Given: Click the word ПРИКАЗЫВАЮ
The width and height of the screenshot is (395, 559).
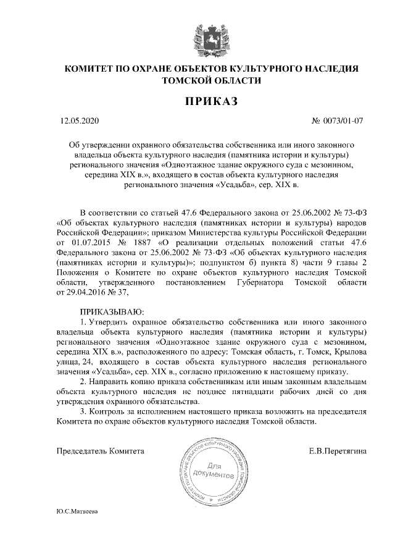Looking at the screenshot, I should (112, 313).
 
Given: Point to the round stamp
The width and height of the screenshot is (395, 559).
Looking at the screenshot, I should (212, 471).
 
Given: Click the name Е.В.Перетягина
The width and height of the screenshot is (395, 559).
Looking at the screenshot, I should (338, 451).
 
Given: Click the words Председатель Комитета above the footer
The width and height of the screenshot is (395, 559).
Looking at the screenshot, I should (101, 451).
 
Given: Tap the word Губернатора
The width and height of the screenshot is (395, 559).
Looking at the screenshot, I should (260, 282).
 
